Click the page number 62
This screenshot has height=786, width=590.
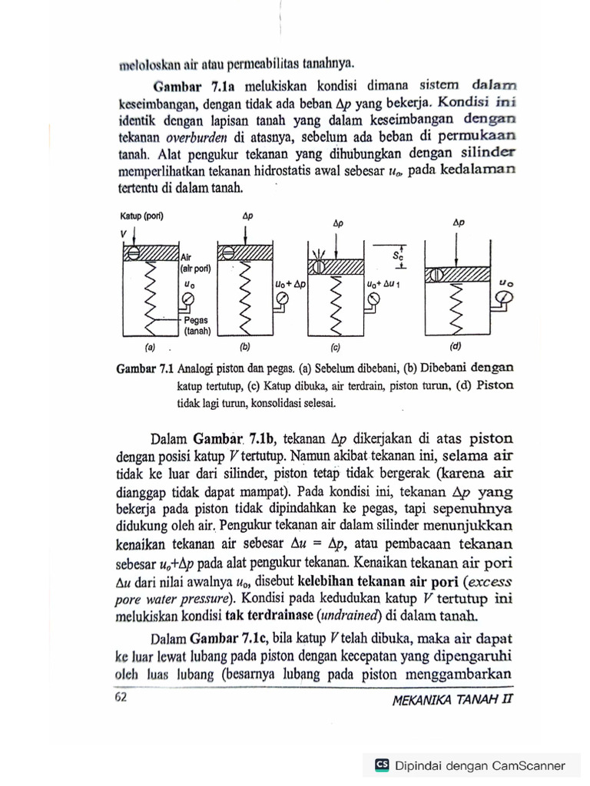[x=120, y=697]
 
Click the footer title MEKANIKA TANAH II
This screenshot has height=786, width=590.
[x=451, y=699]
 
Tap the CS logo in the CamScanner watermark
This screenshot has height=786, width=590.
[x=381, y=765]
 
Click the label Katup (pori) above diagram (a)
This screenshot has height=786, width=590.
[x=142, y=216]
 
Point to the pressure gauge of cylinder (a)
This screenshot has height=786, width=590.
[x=187, y=299]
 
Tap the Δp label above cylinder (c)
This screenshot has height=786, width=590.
[x=338, y=223]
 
